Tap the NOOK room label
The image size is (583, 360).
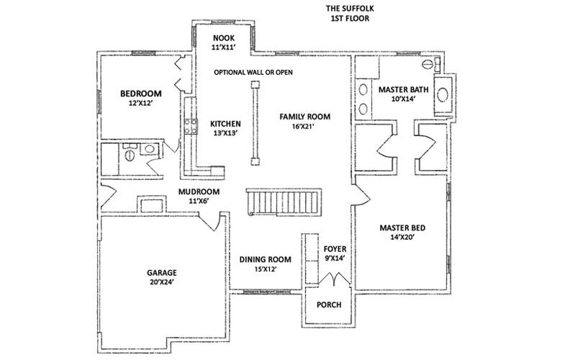[220, 37]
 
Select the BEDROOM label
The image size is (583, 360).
[140, 94]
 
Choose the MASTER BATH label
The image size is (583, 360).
[403, 89]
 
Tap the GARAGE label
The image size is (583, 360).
[162, 273]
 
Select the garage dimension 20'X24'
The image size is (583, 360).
[162, 282]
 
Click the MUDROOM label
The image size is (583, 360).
[199, 192]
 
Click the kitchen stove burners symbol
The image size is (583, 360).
[192, 127]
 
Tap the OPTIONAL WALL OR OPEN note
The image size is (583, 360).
[252, 73]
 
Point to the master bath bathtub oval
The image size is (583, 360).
[442, 94]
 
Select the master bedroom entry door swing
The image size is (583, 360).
[361, 194]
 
